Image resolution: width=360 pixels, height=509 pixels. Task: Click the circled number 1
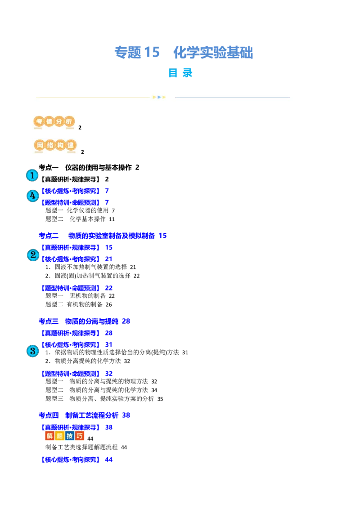[32, 175]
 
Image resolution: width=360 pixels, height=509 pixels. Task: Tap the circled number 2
[33, 255]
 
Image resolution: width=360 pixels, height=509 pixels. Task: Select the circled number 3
[32, 351]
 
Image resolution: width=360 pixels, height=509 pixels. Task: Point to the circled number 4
[32, 196]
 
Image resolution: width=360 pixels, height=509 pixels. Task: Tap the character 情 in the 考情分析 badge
[49, 122]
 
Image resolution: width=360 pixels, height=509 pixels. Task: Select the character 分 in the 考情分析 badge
[59, 122]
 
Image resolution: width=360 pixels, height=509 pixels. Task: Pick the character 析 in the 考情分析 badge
[69, 122]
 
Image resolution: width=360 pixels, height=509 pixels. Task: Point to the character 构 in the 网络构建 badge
[61, 146]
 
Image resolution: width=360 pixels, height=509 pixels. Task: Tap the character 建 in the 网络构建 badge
[71, 146]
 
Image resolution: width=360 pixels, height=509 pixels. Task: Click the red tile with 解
[49, 436]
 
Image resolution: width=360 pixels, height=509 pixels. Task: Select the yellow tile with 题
[59, 436]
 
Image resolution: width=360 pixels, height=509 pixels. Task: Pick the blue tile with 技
[70, 436]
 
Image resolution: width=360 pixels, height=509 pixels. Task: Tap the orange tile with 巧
[80, 436]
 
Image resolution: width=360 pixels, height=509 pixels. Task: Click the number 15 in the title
[152, 53]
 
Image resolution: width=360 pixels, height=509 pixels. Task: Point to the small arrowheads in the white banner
[159, 97]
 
